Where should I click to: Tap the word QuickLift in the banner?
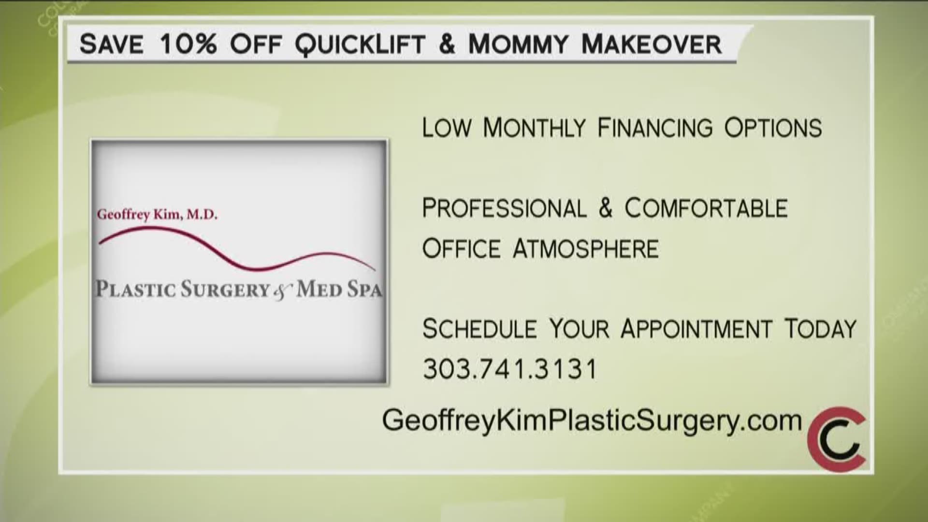click(x=359, y=44)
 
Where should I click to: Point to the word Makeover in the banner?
click(x=652, y=44)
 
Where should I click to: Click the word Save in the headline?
click(x=112, y=44)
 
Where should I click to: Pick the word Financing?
click(x=655, y=128)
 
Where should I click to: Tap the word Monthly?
click(x=534, y=128)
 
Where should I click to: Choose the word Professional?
click(x=504, y=208)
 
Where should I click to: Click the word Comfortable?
click(x=706, y=208)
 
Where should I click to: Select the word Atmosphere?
click(x=585, y=249)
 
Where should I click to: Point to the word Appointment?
click(x=696, y=329)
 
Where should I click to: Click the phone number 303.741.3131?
click(x=510, y=369)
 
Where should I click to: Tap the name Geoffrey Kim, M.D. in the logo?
click(x=157, y=214)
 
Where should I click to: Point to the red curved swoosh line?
click(x=237, y=247)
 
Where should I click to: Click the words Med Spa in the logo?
click(x=339, y=290)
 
